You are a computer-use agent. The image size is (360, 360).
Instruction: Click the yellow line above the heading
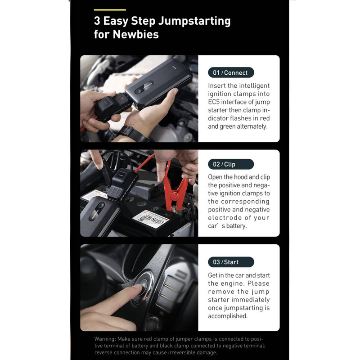[110, 10]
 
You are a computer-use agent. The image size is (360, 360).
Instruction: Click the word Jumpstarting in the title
[194, 21]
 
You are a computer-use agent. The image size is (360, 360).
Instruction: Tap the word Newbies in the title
[136, 35]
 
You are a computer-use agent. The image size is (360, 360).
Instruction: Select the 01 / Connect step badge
[231, 72]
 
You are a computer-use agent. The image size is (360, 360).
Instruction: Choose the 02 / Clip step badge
[231, 164]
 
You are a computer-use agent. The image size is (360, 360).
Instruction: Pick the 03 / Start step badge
[231, 262]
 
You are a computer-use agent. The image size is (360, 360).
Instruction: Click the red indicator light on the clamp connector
[122, 98]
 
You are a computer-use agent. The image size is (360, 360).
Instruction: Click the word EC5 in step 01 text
[213, 102]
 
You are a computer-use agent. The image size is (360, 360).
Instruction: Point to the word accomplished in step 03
[228, 316]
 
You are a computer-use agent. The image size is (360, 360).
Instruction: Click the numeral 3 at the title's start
[97, 21]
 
